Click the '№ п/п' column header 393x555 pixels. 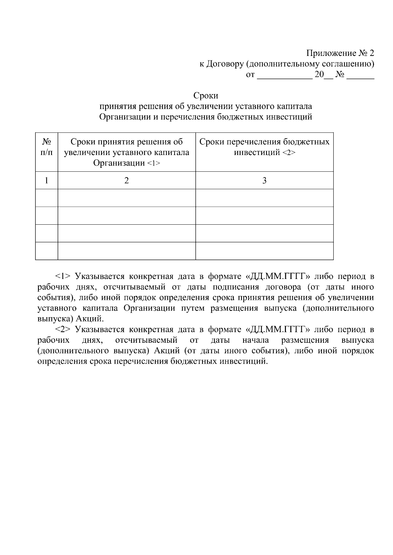pyautogui.click(x=47, y=147)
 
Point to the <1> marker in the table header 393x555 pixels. pyautogui.click(x=154, y=163)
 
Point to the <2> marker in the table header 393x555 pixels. pyautogui.click(x=289, y=153)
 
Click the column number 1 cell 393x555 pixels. pyautogui.click(x=47, y=180)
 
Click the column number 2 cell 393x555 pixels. pyautogui.click(x=127, y=180)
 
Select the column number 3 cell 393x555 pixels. pyautogui.click(x=264, y=180)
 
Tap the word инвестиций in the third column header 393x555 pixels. pyautogui.click(x=256, y=153)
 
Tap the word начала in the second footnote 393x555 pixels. pyautogui.click(x=255, y=340)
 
